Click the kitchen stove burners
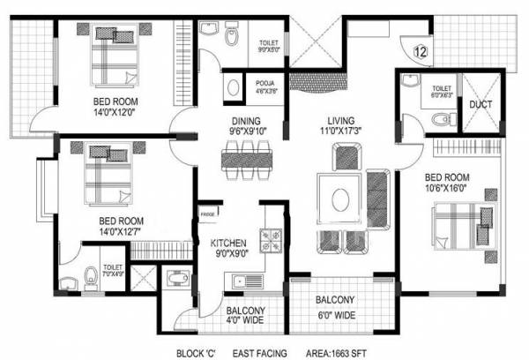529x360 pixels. click(x=267, y=238)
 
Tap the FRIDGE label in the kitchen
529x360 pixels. click(x=208, y=214)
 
